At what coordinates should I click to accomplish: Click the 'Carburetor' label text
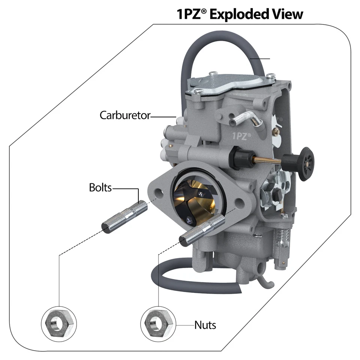(124, 115)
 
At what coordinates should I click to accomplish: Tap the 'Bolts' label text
(100, 187)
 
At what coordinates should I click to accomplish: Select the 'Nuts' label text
(205, 325)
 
